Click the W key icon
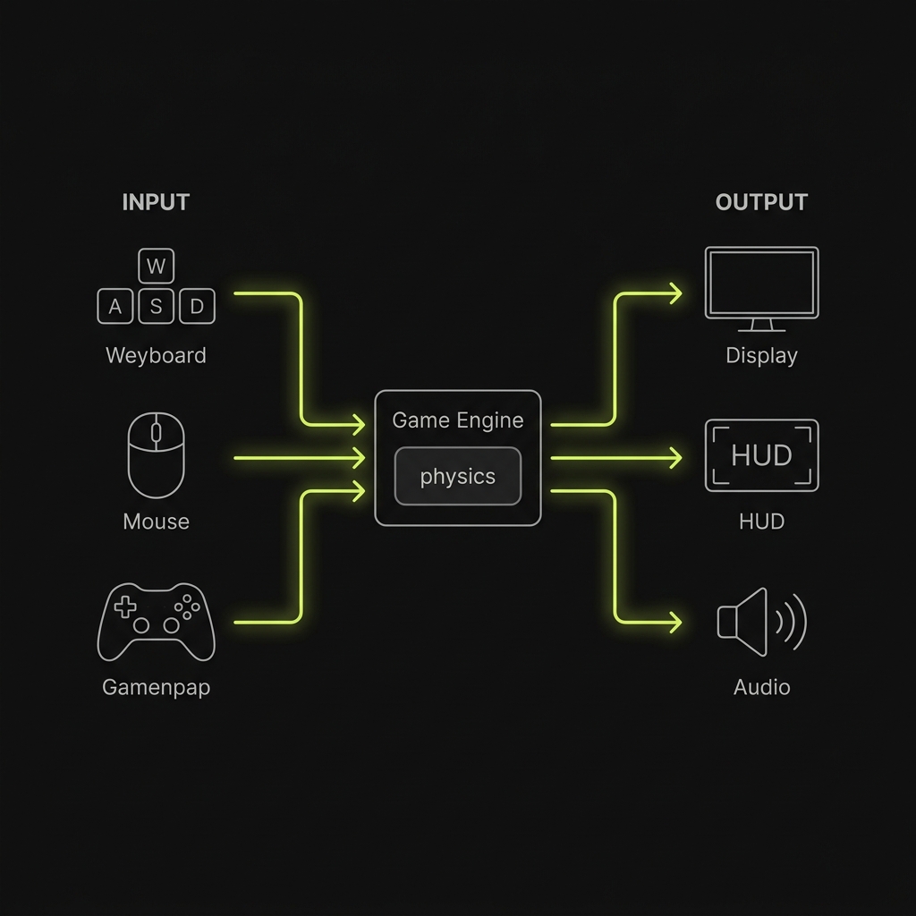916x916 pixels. coord(156,267)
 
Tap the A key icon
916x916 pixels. coord(115,307)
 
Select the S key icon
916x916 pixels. coord(156,307)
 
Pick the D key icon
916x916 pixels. coord(197,307)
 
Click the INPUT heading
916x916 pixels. coord(156,202)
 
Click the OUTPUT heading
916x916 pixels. coord(761,202)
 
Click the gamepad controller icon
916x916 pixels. coord(156,621)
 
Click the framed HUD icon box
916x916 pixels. coord(761,455)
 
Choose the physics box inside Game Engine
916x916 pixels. coord(458,477)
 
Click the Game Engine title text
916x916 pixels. coord(458,420)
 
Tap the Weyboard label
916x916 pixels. coord(156,355)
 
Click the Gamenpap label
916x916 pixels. coord(156,687)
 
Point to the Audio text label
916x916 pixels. coord(761,687)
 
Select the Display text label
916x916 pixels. coord(761,355)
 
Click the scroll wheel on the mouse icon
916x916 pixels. coord(156,433)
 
